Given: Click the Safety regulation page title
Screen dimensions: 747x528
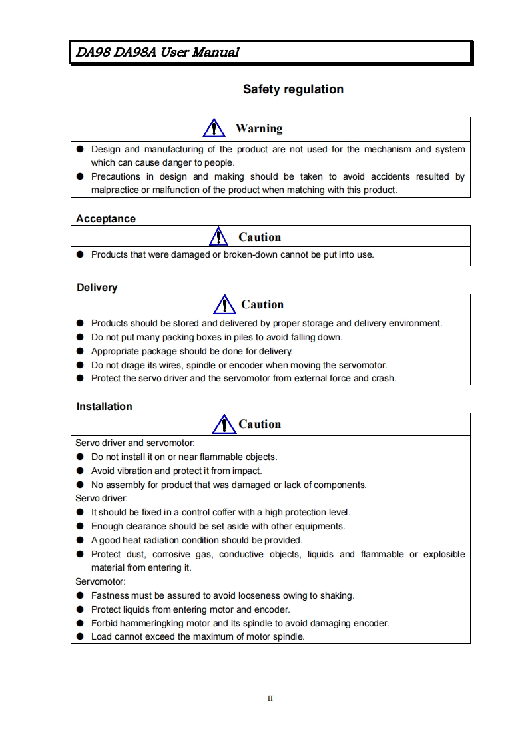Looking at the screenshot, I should tap(293, 89).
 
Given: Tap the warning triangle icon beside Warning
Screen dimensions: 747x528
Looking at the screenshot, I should tap(213, 128).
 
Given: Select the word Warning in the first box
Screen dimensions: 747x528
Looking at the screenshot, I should tap(259, 128).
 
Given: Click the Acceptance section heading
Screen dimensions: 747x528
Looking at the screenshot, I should tap(106, 219).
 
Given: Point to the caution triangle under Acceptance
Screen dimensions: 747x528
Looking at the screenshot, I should tap(218, 236).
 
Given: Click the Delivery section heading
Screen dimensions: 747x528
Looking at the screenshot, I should tap(97, 288).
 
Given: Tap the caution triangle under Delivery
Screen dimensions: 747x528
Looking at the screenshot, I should tap(225, 304).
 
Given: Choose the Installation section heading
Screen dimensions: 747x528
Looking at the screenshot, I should tap(104, 407).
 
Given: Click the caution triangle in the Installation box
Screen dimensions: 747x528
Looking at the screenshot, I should tap(223, 424).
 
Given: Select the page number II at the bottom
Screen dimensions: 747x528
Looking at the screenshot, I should tap(270, 698).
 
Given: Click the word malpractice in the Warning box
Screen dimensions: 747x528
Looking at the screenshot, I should tap(115, 190).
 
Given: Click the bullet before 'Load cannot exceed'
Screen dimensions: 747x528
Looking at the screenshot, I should tap(79, 637).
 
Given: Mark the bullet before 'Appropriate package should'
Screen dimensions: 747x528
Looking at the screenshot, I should tap(79, 351).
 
